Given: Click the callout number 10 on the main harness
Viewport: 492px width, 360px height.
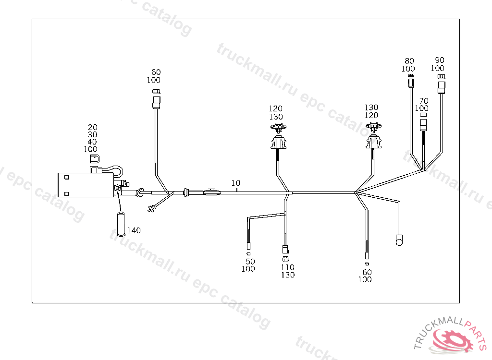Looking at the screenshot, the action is click(x=235, y=183).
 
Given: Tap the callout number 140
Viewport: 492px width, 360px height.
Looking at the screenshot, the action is click(x=134, y=230).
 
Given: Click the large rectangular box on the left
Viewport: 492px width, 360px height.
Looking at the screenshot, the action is click(x=84, y=185).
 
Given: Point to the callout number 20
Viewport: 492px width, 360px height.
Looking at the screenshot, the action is click(x=93, y=127).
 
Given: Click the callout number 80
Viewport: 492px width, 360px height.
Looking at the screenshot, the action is click(x=409, y=61).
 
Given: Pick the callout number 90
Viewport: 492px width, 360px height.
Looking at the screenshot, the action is click(x=440, y=60).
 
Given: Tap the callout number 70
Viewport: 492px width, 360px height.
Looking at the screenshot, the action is click(x=424, y=101).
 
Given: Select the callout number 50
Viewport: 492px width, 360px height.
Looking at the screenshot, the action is click(x=250, y=261).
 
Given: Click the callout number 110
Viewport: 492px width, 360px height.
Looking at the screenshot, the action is click(x=288, y=267).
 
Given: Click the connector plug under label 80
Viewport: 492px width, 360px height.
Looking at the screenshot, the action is click(x=410, y=84).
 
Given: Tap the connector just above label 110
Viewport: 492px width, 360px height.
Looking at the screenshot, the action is click(x=285, y=250).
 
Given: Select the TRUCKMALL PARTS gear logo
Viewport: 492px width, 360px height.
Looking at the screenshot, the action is click(x=452, y=338).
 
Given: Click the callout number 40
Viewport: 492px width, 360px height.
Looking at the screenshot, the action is click(x=92, y=142).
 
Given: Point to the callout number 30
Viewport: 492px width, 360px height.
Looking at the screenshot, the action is click(x=93, y=135).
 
